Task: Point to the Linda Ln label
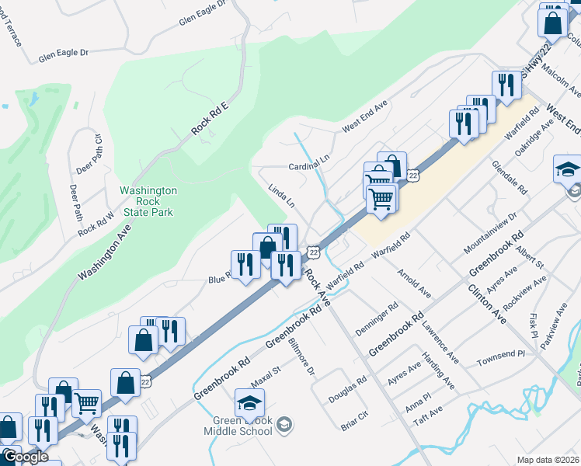[281, 196]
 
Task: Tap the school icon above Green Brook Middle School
[250, 402]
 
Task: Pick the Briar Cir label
[354, 420]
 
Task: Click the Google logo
[25, 457]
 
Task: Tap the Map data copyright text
[548, 460]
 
